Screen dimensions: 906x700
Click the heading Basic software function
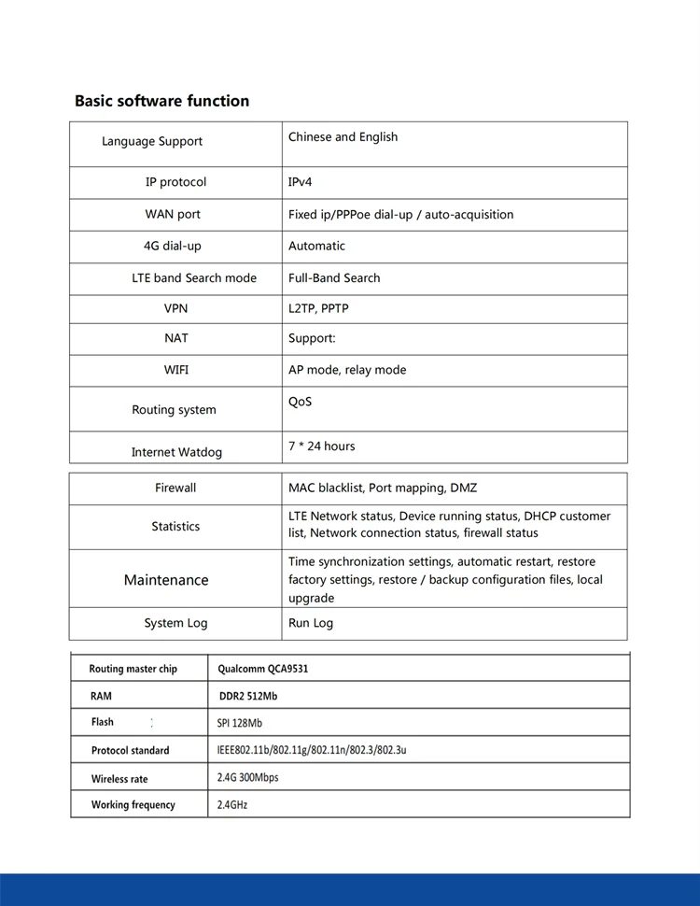[161, 101]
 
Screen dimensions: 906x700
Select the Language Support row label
[152, 141]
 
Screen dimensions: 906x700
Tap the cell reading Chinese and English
[343, 137]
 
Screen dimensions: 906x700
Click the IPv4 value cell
[300, 182]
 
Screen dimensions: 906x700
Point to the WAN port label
[173, 214]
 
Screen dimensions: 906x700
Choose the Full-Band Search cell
[334, 278]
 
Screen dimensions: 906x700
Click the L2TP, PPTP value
[318, 308]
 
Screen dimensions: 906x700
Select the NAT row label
[175, 338]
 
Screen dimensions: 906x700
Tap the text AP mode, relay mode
[347, 370]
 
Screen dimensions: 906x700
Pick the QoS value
[300, 402]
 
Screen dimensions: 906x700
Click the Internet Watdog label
[176, 452]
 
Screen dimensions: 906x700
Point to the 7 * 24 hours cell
[321, 446]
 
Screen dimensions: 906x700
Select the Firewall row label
[175, 488]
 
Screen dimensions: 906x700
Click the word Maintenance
[166, 580]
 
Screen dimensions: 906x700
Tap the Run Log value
[311, 623]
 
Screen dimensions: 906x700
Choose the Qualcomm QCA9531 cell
[262, 669]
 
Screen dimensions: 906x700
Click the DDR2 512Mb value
[247, 696]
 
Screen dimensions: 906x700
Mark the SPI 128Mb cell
[240, 723]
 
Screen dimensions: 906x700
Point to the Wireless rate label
[119, 779]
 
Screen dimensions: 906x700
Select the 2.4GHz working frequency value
[232, 804]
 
